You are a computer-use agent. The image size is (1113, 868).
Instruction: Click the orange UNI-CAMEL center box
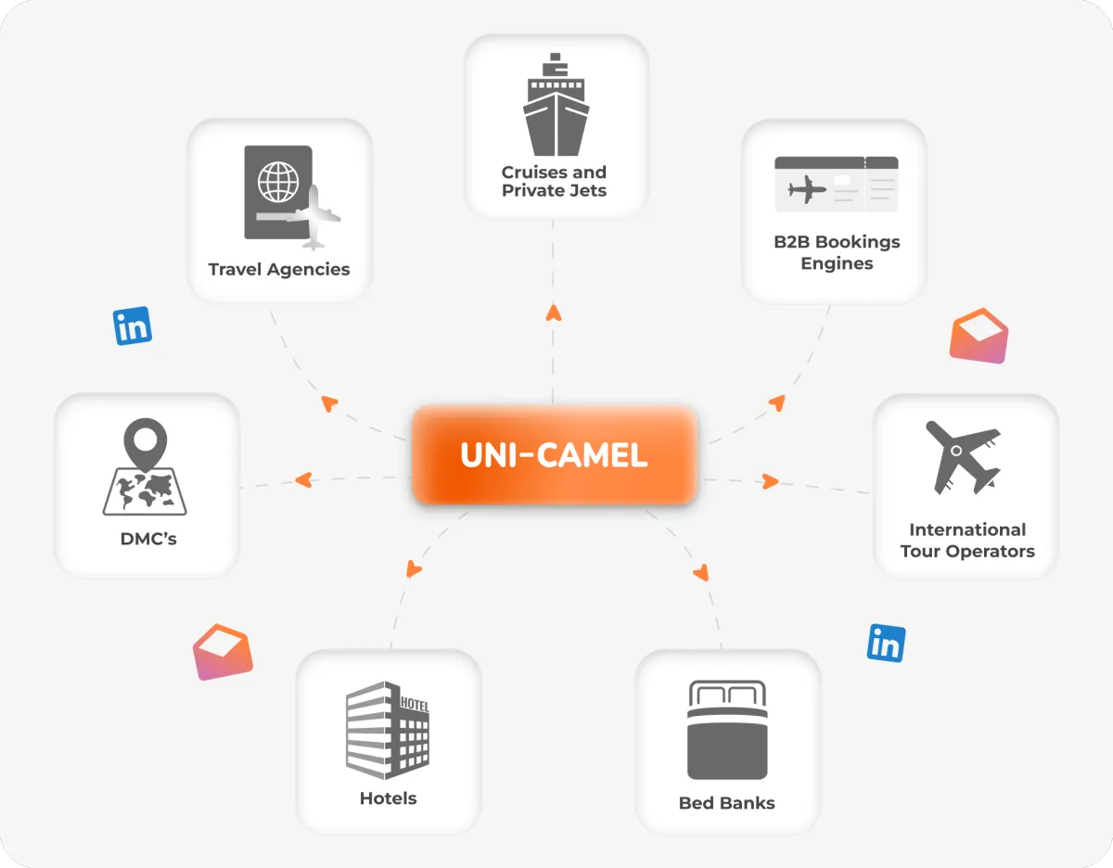[554, 455]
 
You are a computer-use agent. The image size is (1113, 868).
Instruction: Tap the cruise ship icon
[555, 105]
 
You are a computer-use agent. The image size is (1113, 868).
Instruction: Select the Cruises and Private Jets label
[555, 181]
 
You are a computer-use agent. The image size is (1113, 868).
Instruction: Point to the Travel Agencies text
[279, 270]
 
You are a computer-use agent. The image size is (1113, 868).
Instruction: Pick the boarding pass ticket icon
[836, 185]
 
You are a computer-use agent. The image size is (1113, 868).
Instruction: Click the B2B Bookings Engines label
[837, 252]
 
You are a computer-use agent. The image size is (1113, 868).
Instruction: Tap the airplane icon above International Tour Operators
[965, 457]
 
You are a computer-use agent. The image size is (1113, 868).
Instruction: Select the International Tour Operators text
[967, 541]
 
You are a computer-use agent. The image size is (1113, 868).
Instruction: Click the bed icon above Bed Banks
[727, 730]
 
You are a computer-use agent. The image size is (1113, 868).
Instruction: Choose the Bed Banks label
[727, 803]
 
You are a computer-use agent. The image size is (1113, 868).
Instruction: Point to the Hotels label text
[388, 798]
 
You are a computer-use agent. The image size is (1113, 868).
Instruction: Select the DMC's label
[148, 538]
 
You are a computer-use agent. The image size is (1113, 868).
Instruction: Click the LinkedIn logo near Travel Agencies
[133, 326]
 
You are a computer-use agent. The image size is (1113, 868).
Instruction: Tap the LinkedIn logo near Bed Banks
[886, 644]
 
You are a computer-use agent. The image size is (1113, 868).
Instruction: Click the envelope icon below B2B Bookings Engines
[979, 336]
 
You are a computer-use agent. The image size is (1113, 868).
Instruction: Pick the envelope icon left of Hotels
[223, 652]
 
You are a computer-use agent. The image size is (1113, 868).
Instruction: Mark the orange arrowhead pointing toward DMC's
[302, 480]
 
